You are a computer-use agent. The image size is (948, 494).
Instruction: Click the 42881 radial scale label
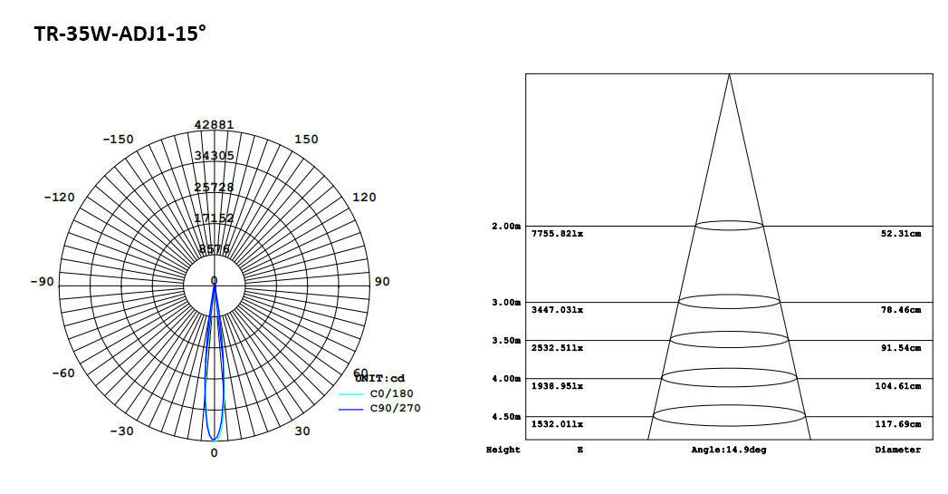(x=214, y=125)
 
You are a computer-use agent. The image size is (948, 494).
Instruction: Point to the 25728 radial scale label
(x=214, y=188)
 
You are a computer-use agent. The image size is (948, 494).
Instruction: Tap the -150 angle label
(x=118, y=140)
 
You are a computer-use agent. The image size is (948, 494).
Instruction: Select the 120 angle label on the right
(x=363, y=198)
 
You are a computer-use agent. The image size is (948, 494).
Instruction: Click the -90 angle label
(x=42, y=282)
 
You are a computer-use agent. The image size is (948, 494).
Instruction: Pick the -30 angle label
(x=122, y=431)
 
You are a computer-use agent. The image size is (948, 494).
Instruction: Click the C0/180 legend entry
(x=392, y=394)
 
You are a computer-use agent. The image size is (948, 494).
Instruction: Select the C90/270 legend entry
(x=395, y=409)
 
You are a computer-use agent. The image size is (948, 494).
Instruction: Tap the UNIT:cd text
(x=379, y=378)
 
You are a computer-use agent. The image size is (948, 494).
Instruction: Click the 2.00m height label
(x=506, y=226)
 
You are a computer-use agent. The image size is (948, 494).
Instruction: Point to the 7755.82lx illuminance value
(x=557, y=234)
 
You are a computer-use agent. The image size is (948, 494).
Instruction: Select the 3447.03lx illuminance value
(x=557, y=310)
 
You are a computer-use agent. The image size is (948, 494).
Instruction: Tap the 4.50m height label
(x=506, y=417)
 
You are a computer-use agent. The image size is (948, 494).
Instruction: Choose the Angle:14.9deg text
(x=728, y=450)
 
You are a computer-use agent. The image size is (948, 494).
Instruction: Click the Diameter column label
(x=897, y=450)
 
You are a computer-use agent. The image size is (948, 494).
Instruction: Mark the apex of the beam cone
(x=729, y=74)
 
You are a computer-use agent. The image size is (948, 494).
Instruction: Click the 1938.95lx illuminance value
(x=557, y=386)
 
